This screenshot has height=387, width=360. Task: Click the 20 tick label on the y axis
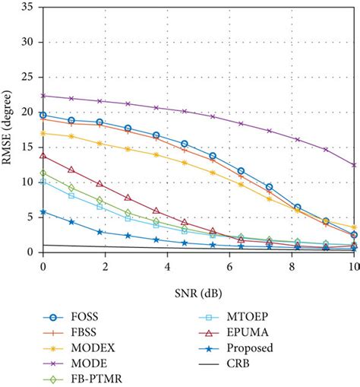[x=28, y=113]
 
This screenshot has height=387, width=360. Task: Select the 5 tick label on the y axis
[x=31, y=217]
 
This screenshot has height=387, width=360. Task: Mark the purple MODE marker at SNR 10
[x=353, y=164]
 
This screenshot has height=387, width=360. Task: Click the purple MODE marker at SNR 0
[x=43, y=96]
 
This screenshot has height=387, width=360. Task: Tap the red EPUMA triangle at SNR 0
[x=43, y=156]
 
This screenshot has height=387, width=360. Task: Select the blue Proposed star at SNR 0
[x=43, y=212]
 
